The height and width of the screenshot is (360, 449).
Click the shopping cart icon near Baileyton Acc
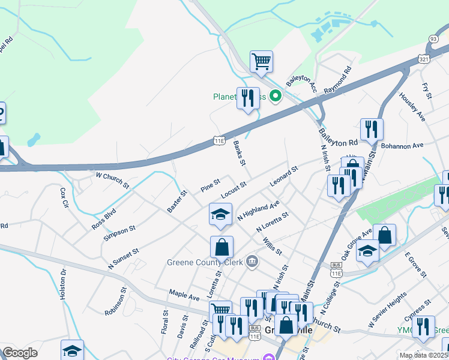(261, 61)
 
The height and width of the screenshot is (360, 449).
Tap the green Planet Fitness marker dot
(276, 96)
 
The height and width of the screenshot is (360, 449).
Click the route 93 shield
(433, 38)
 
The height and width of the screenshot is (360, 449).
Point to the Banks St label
(240, 153)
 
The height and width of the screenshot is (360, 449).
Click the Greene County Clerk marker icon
(252, 261)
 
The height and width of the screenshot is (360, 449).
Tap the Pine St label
(210, 185)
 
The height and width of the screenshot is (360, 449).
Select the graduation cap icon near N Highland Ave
(221, 215)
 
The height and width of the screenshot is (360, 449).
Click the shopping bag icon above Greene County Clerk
(221, 247)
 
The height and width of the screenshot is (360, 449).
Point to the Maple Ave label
(184, 296)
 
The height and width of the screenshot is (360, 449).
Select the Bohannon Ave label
(402, 145)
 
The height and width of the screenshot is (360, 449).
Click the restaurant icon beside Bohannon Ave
(372, 129)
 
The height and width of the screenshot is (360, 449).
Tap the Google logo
(20, 353)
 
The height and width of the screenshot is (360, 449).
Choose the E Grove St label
(415, 265)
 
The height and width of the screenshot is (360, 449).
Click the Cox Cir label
(64, 197)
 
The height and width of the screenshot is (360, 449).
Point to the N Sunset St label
(124, 258)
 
